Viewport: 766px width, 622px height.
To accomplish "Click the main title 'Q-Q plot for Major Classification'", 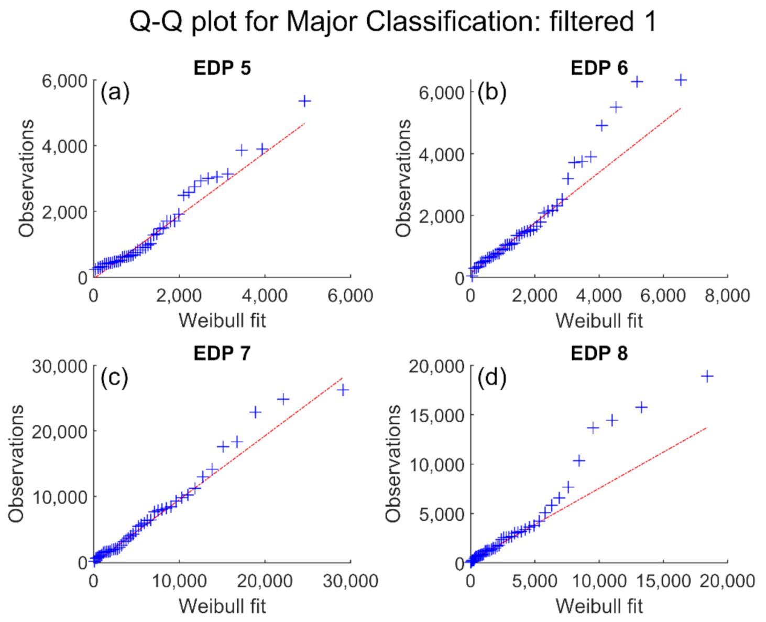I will (x=392, y=22).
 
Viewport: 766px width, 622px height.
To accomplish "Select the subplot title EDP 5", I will (x=222, y=68).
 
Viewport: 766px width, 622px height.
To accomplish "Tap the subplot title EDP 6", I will (x=599, y=68).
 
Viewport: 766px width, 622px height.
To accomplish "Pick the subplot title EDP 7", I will (x=222, y=353).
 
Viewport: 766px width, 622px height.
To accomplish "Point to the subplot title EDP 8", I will (x=599, y=353).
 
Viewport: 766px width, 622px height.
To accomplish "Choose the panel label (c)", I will (x=114, y=377).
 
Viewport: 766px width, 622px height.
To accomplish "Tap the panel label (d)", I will (x=491, y=377).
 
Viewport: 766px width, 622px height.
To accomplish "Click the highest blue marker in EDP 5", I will (x=304, y=101).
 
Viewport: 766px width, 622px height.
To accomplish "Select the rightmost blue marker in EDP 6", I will (x=681, y=80).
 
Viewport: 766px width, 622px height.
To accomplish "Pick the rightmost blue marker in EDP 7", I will (x=343, y=390).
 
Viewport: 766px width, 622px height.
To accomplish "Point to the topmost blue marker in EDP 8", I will (x=707, y=376).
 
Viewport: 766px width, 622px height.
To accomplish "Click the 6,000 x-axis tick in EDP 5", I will (x=350, y=296).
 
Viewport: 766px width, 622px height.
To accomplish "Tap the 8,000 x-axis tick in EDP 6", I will (x=727, y=296).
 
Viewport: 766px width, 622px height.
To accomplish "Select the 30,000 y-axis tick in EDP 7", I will (x=59, y=366).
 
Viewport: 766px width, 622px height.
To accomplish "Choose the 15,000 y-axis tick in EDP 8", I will (x=436, y=415).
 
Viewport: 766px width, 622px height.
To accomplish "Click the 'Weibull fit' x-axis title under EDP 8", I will (x=599, y=606).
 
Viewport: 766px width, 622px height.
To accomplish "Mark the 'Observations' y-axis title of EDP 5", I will (x=26, y=178).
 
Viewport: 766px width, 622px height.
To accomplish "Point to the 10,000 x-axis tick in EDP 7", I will (x=179, y=581).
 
